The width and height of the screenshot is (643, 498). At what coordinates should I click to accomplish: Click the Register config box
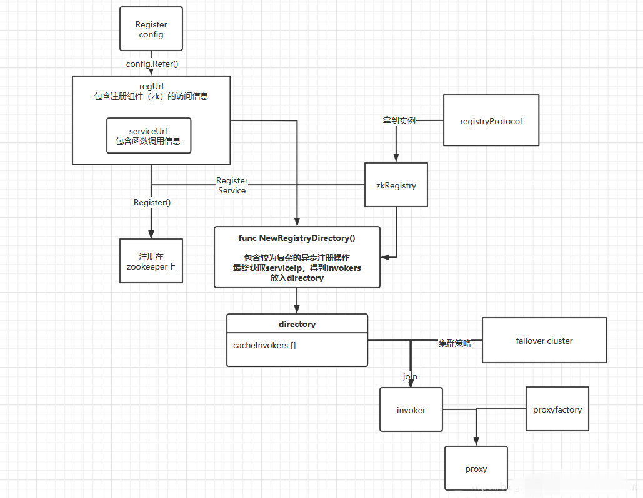151,29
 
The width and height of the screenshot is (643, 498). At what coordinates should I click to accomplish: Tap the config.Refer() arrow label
152,63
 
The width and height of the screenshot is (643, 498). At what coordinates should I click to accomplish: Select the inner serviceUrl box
148,135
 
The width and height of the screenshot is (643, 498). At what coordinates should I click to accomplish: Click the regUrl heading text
151,85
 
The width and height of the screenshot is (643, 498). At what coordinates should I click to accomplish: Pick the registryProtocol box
491,120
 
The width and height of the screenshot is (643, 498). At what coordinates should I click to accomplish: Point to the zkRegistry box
396,185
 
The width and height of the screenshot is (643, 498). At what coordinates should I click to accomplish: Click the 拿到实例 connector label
399,120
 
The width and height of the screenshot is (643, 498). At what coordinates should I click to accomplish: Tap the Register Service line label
232,185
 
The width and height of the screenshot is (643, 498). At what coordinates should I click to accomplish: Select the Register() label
152,202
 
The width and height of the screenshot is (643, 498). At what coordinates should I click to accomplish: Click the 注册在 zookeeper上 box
151,261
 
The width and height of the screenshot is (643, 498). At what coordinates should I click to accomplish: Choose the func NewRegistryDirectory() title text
297,238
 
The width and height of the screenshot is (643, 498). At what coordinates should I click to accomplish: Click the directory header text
297,324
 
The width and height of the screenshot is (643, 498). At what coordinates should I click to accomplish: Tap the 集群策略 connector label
454,343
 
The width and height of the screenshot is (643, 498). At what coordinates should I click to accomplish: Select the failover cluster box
544,341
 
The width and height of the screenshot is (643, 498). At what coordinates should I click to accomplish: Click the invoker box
411,409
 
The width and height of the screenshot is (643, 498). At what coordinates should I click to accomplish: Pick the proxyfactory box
557,409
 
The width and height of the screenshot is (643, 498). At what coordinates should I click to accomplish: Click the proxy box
476,469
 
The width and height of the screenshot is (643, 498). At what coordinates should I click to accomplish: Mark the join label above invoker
410,377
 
